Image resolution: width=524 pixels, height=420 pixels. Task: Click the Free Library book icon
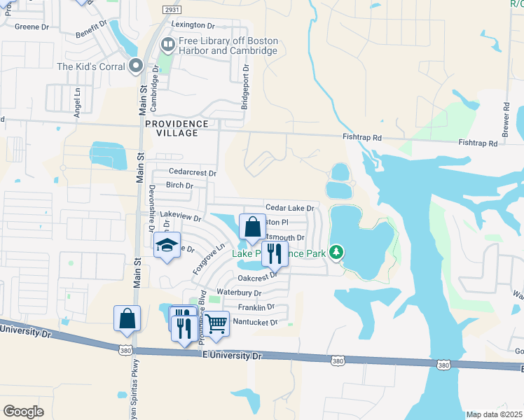(167, 45)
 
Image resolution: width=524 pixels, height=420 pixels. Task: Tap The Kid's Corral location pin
(137, 66)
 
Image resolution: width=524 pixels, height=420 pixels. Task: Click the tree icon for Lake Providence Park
(337, 251)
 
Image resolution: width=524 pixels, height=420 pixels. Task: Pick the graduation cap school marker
(167, 246)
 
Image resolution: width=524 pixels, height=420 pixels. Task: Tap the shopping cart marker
(216, 323)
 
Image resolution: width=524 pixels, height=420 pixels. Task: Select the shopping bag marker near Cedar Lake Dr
(252, 227)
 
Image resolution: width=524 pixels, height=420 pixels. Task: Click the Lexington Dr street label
(193, 25)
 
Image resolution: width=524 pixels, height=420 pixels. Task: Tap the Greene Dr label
(32, 27)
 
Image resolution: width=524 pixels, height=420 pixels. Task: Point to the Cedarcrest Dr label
(193, 172)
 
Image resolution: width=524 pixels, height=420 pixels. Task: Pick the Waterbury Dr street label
(239, 293)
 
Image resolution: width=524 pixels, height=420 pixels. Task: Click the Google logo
(23, 412)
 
